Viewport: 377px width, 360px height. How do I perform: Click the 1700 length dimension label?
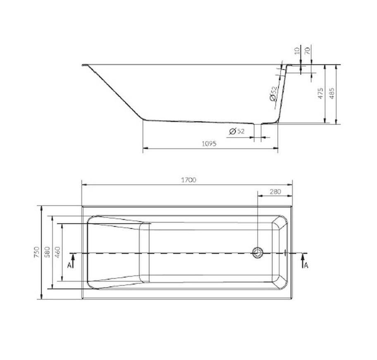click(188, 180)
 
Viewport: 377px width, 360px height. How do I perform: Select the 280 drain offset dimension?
click(275, 192)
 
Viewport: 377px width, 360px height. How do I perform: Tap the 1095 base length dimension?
click(209, 144)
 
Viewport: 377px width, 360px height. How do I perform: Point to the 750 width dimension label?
click(36, 252)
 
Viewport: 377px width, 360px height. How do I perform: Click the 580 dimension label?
click(48, 252)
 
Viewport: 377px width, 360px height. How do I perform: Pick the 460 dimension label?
click(58, 252)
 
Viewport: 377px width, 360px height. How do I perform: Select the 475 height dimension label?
click(320, 93)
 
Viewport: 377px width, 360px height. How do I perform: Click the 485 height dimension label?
click(332, 93)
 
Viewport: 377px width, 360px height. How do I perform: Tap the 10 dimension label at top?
click(297, 51)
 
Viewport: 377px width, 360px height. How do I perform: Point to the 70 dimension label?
click(308, 51)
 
